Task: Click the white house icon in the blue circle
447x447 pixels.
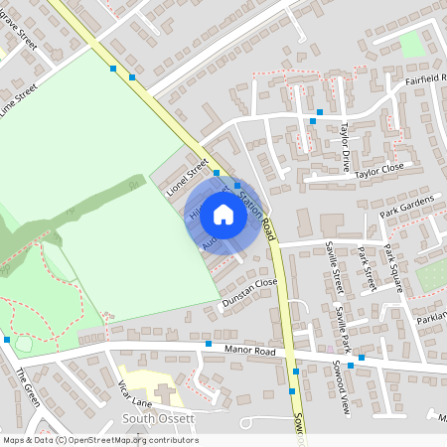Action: point(223,215)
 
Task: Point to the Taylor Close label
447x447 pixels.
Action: point(380,171)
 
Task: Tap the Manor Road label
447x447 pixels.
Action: point(249,351)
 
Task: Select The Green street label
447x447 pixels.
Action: point(27,388)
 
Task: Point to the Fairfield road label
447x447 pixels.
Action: point(425,78)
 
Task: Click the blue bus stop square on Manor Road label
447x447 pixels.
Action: point(209,344)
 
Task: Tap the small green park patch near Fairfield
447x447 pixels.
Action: point(410,43)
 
